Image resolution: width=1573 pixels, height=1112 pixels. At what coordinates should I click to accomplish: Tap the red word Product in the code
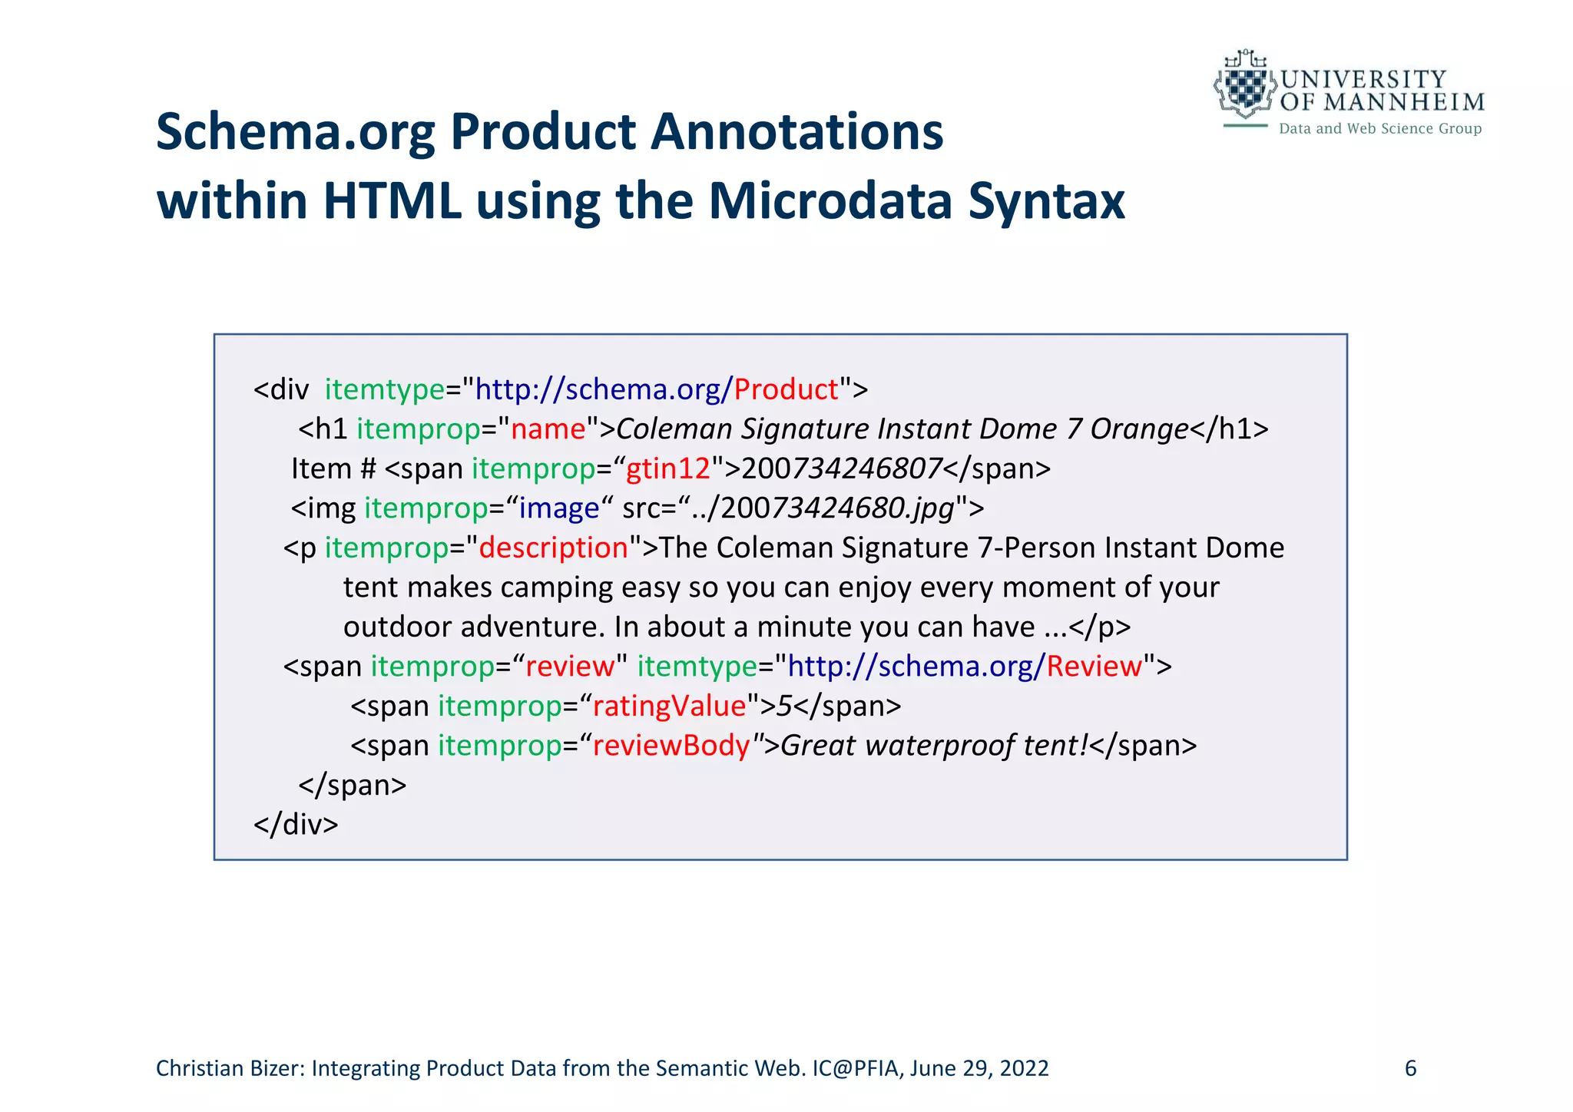(786, 389)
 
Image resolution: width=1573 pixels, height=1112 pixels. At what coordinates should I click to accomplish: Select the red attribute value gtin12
(668, 468)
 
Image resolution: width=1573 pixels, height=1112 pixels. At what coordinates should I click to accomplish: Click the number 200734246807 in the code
(842, 468)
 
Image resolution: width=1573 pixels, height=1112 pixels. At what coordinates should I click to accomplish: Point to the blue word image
(559, 508)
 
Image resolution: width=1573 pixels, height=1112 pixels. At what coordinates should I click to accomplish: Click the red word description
(553, 548)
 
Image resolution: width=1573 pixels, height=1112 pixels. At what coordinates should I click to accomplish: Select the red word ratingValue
(670, 706)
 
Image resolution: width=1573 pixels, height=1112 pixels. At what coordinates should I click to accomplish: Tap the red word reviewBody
(671, 746)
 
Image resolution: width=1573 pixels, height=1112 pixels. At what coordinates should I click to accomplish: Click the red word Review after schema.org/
(1094, 667)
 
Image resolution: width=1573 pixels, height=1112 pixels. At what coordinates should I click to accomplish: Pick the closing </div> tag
(296, 824)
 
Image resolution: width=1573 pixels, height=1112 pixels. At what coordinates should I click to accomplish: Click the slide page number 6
(1410, 1068)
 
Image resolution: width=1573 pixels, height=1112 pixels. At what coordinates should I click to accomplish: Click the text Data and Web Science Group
(1379, 129)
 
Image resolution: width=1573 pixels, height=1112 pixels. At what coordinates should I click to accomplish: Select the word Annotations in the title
(796, 132)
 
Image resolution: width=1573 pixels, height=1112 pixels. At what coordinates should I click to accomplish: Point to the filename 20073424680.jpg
(837, 508)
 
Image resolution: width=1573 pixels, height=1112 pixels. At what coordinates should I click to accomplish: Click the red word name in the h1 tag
(548, 429)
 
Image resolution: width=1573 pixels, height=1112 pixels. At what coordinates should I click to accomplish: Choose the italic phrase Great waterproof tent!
(935, 746)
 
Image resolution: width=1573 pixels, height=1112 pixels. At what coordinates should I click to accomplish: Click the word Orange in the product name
(1139, 429)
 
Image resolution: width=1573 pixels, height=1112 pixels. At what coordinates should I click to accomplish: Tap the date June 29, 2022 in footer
(979, 1068)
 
